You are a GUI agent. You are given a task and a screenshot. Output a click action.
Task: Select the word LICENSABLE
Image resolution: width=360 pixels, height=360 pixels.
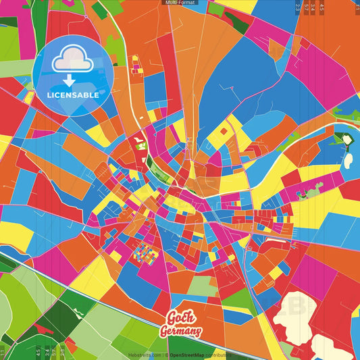(x=72, y=95)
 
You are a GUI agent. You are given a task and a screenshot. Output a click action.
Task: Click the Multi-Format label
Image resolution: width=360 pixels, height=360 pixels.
(x=180, y=3)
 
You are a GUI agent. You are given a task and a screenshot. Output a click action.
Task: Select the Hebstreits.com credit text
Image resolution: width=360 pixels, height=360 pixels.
(x=145, y=355)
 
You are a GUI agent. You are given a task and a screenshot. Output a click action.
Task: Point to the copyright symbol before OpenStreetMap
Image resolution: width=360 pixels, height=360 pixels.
(x=166, y=355)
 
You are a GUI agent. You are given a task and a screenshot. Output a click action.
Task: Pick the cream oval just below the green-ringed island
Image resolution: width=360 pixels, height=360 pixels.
(x=349, y=161)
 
